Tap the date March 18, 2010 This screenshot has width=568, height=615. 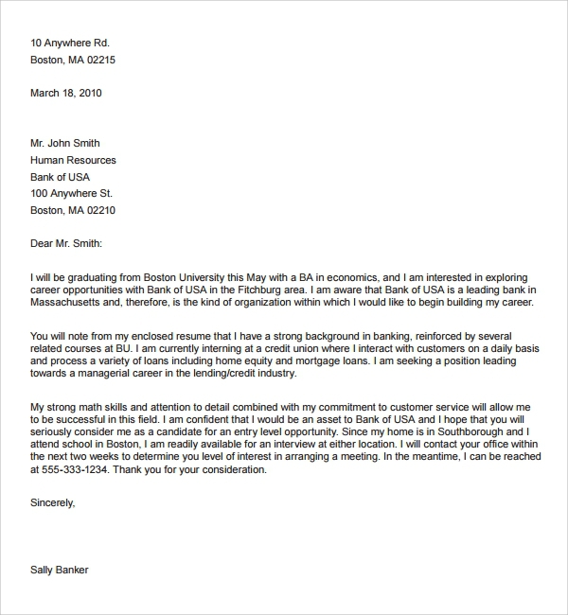[66, 94]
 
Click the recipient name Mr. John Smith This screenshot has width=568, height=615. [65, 144]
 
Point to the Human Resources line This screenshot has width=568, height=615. [74, 161]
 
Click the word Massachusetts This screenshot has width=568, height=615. [67, 303]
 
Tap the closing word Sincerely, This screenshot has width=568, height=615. [53, 503]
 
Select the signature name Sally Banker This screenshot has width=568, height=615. [61, 571]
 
